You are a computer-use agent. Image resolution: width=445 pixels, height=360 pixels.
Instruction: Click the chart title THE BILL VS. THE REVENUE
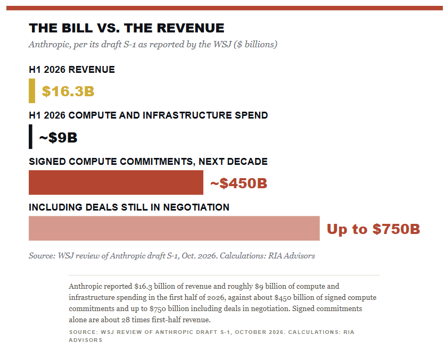click(127, 28)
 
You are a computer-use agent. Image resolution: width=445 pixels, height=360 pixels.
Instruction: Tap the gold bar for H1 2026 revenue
click(32, 91)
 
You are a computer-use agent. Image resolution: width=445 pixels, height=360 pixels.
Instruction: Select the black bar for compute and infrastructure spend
click(30, 137)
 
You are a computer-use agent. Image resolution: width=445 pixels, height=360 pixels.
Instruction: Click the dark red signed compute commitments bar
click(116, 182)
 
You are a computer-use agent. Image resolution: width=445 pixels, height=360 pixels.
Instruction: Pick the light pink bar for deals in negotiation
click(174, 229)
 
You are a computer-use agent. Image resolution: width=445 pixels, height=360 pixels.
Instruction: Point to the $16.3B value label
click(68, 91)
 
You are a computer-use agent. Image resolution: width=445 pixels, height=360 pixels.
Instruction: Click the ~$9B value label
click(58, 138)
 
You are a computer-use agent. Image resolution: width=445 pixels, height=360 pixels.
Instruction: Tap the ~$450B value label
click(238, 183)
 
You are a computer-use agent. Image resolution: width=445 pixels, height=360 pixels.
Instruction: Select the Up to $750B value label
click(373, 229)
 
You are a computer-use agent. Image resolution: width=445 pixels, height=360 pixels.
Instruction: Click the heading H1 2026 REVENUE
click(72, 70)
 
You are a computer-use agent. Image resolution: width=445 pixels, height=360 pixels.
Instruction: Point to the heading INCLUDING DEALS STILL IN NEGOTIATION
click(129, 207)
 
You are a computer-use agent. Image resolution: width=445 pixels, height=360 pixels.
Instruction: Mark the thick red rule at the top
click(225, 8)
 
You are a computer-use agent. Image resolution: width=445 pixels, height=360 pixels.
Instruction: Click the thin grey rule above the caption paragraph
click(224, 275)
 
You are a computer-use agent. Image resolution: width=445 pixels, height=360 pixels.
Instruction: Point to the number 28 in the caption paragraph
click(126, 320)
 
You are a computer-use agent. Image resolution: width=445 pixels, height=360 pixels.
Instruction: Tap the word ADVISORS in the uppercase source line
click(85, 340)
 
